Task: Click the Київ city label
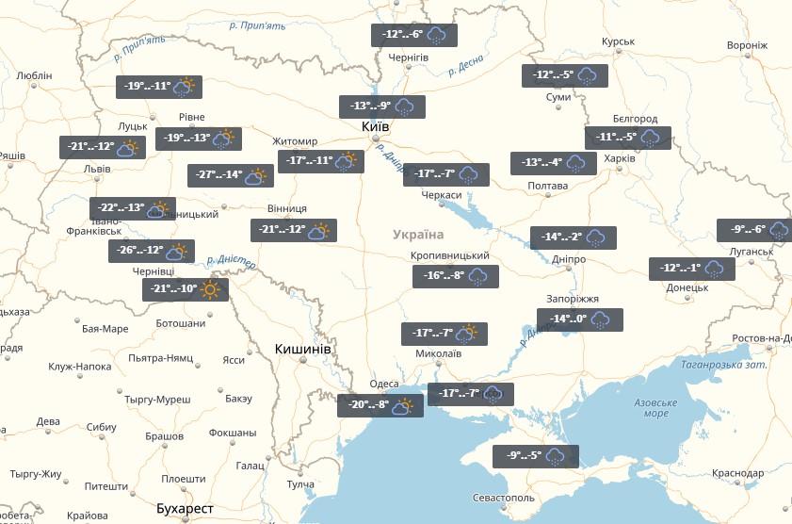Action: click(375, 126)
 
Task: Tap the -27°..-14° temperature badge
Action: click(230, 175)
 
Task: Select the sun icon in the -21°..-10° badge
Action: click(209, 289)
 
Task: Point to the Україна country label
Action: click(418, 235)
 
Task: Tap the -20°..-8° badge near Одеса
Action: click(380, 406)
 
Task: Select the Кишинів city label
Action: click(302, 349)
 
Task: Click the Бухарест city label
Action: click(185, 509)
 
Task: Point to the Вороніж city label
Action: click(748, 45)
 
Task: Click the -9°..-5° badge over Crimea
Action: click(535, 457)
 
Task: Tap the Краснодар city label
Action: click(737, 473)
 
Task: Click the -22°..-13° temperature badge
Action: click(133, 208)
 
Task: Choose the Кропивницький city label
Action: click(450, 256)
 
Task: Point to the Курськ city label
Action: click(619, 42)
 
